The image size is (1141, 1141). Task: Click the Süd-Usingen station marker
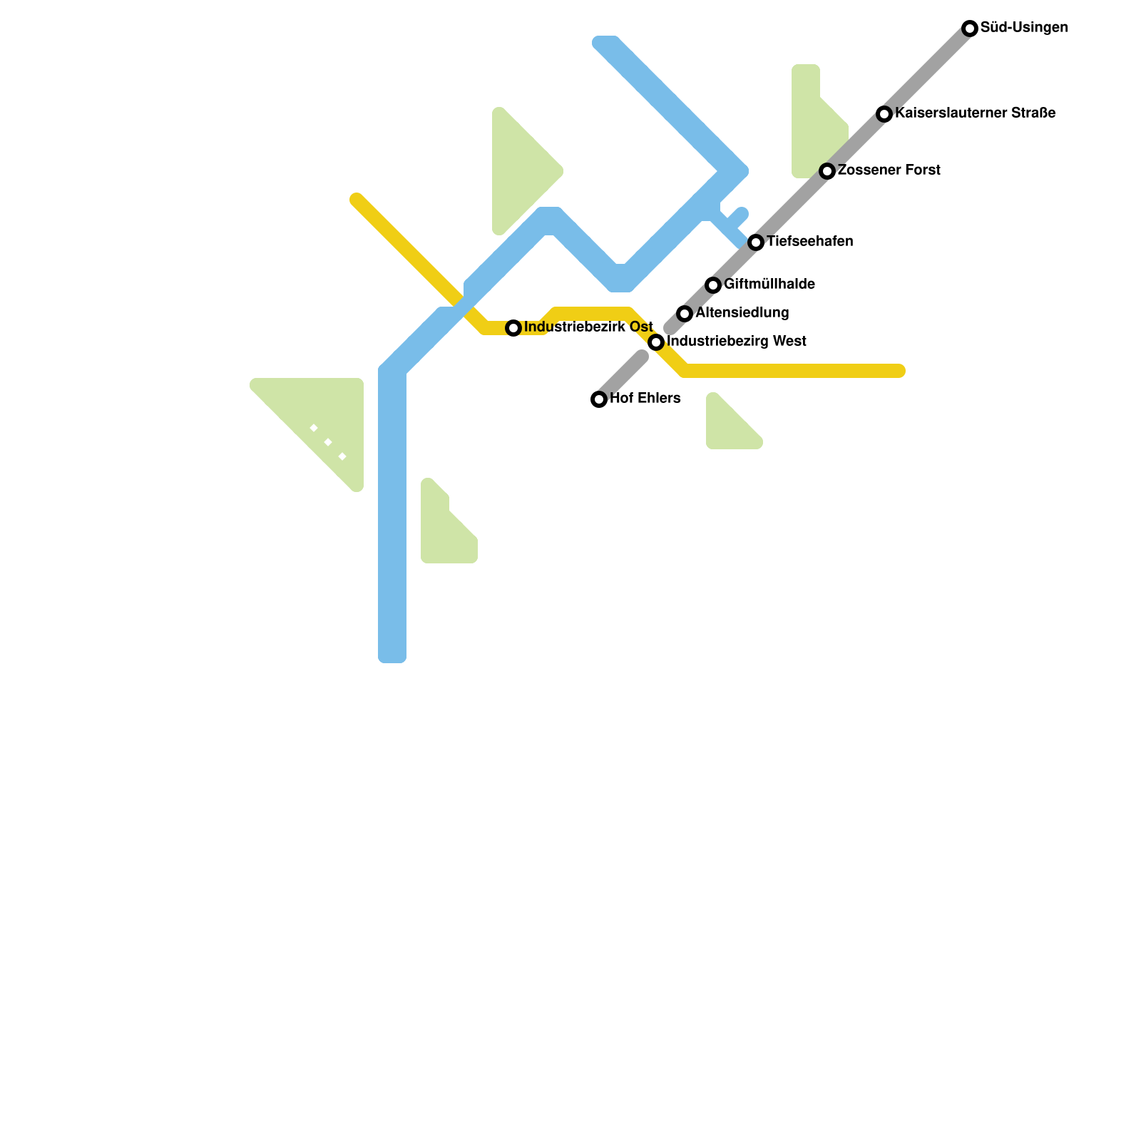tap(970, 29)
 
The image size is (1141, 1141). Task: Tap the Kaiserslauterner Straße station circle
tap(884, 114)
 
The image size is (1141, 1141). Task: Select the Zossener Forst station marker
tap(827, 171)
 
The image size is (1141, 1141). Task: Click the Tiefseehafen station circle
tap(756, 242)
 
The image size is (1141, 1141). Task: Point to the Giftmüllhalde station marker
tap(713, 285)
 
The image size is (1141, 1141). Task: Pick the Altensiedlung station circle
tap(685, 314)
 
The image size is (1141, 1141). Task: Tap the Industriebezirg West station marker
tap(656, 342)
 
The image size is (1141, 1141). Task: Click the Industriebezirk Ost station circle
tap(513, 328)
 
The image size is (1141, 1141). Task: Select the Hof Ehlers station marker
tap(599, 399)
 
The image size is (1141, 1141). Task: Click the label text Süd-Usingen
tap(1024, 28)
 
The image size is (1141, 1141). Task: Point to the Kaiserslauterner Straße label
tap(975, 113)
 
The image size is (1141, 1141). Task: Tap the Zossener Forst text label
tap(889, 170)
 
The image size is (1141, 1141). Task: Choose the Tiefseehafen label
tap(809, 242)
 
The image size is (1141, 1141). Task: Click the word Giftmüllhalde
tap(769, 285)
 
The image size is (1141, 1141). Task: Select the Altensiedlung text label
tap(742, 313)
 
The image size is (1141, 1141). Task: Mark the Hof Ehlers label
tap(645, 399)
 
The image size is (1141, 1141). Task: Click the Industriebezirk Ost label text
tap(588, 327)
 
